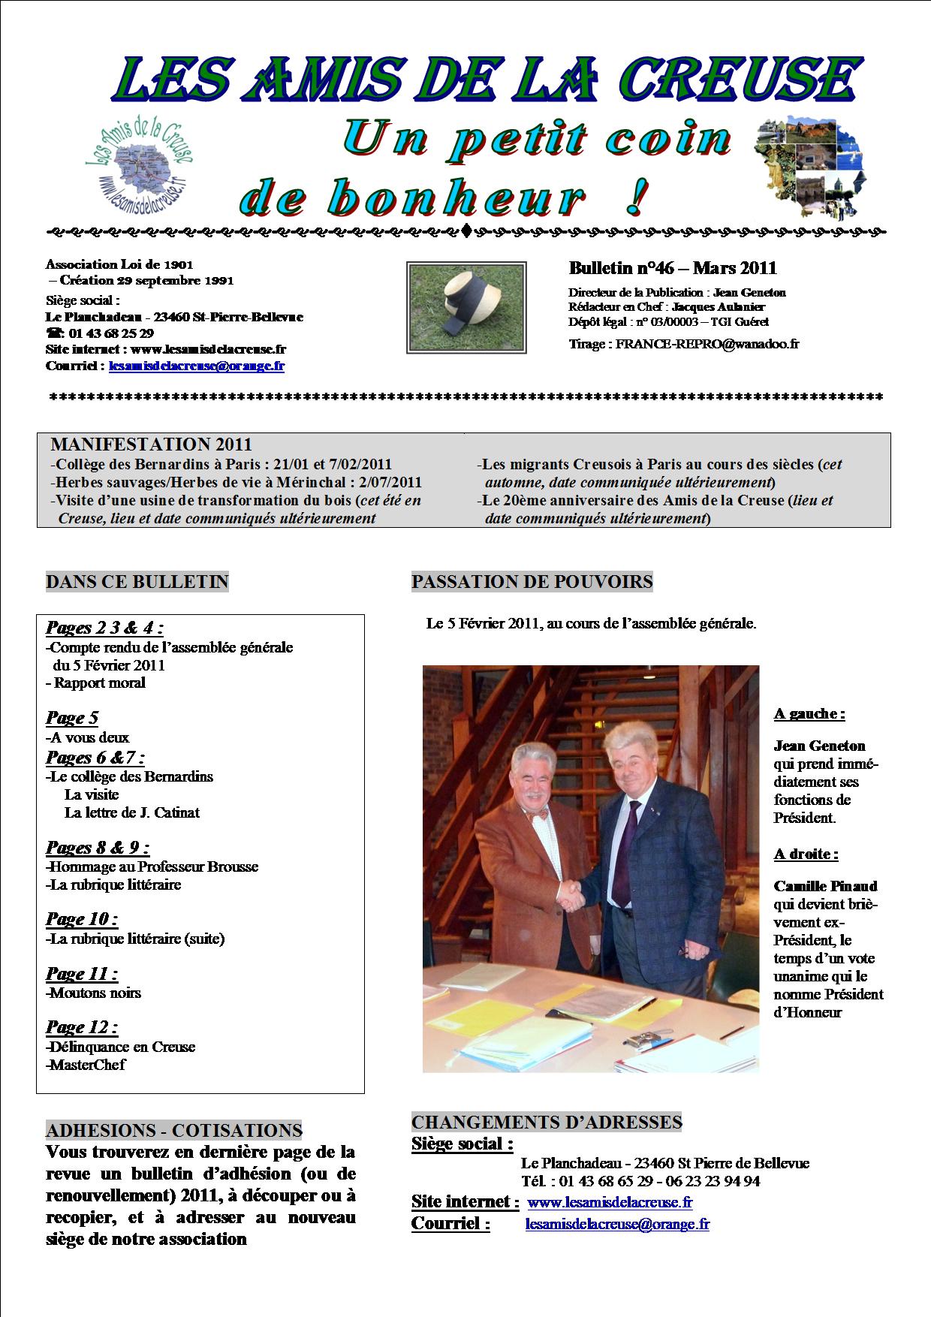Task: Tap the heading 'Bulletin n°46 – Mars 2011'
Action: (x=673, y=268)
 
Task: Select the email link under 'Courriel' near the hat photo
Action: (x=197, y=366)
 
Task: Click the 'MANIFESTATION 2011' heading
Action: (x=151, y=445)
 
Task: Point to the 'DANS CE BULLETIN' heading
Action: (x=137, y=582)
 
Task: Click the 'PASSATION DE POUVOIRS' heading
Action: (x=532, y=581)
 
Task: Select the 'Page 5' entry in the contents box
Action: (x=72, y=718)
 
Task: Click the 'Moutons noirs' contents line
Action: (x=95, y=993)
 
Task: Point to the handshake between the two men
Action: (x=573, y=894)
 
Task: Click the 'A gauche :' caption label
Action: (x=809, y=713)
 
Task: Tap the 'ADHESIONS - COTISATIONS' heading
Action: (x=174, y=1131)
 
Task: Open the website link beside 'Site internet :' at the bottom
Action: (x=610, y=1202)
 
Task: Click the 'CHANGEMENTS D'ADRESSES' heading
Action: (x=547, y=1123)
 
